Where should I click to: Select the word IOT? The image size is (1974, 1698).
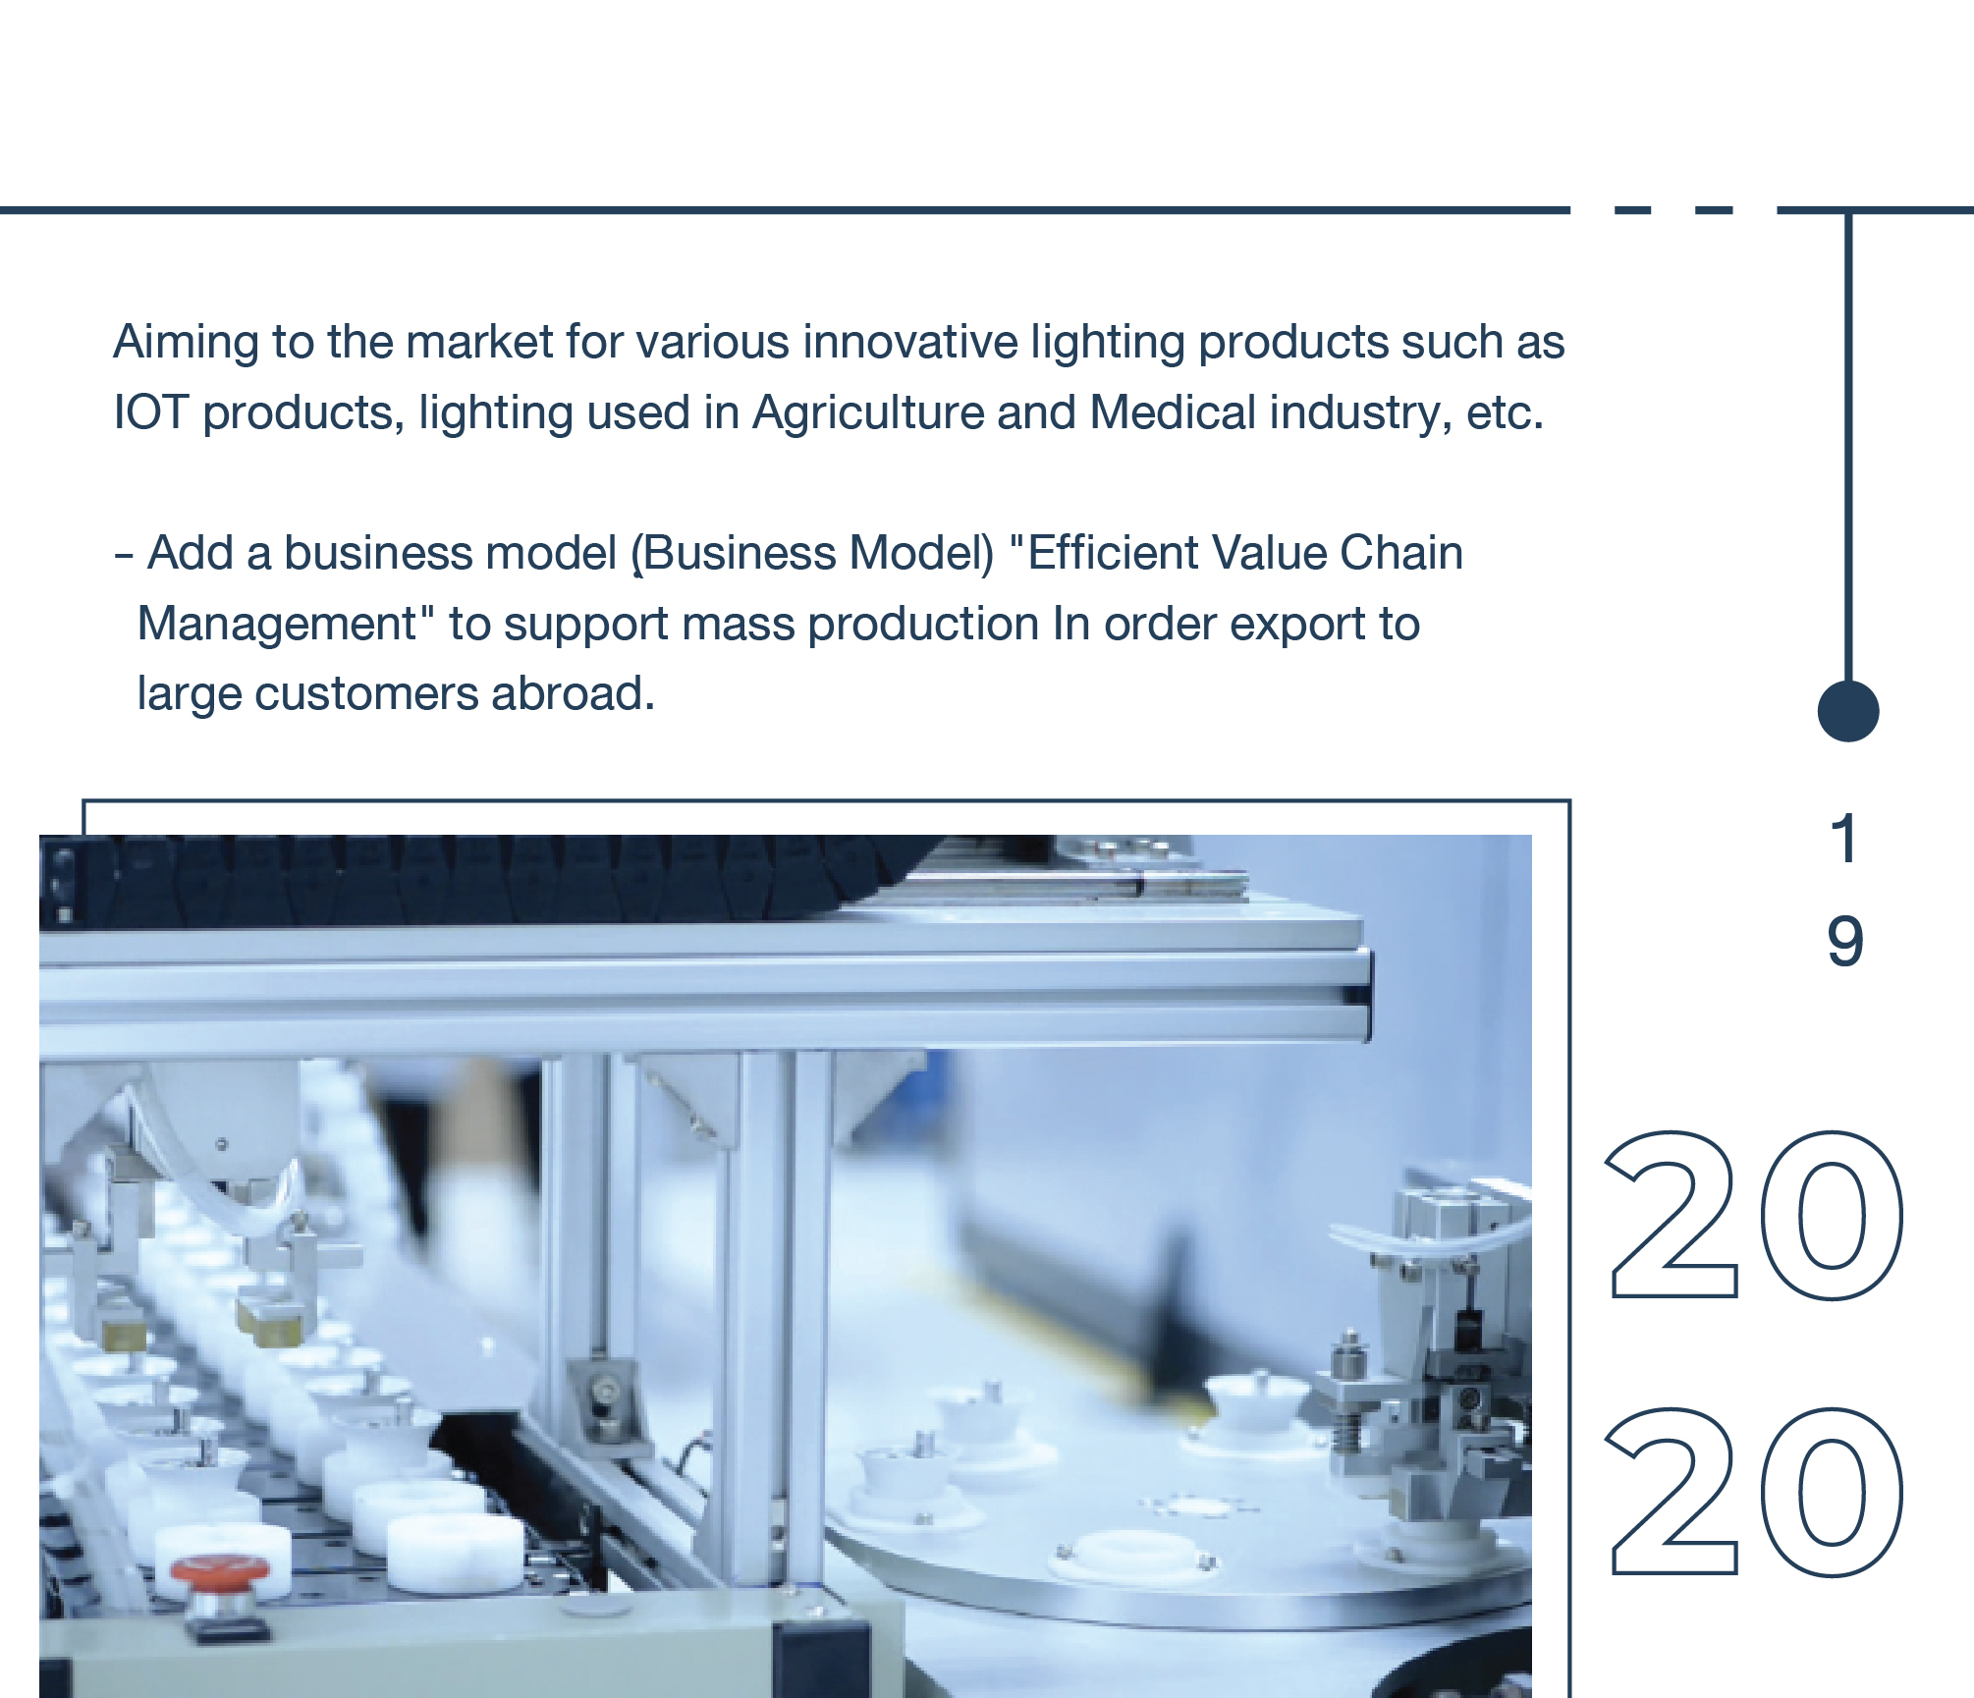(x=150, y=412)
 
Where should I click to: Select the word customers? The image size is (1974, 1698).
(x=366, y=694)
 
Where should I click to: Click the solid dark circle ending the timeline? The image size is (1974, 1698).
(x=1848, y=711)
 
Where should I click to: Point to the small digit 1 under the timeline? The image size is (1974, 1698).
(x=1845, y=839)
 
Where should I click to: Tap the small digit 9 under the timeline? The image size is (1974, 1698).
(x=1845, y=941)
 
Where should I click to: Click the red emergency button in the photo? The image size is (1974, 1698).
(x=220, y=1571)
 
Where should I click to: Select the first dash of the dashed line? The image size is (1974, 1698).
(x=1632, y=209)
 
